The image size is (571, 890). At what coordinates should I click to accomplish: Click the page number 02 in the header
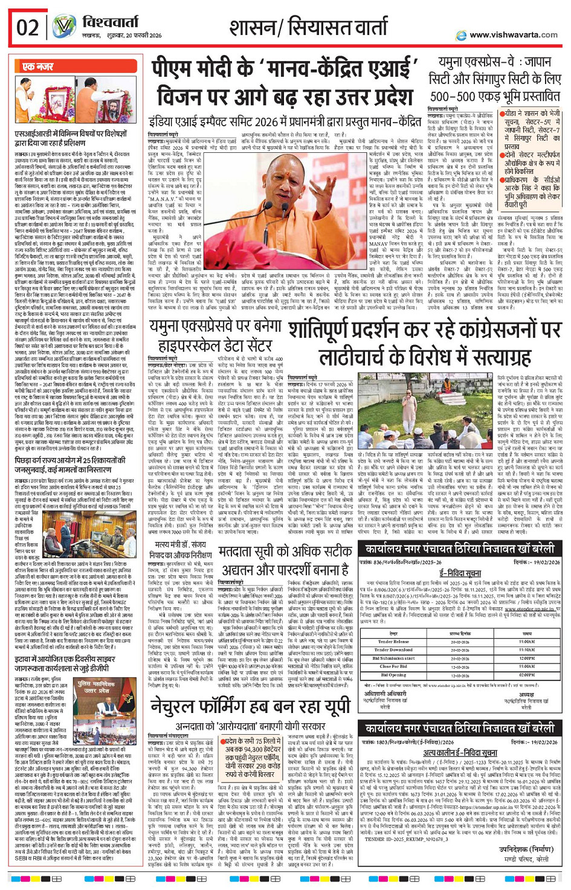[28, 28]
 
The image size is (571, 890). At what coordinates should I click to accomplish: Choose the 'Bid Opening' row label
[393, 675]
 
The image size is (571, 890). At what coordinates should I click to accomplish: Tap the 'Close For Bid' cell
[393, 666]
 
